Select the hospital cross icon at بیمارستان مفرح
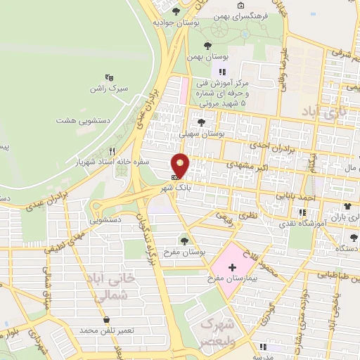[x=233, y=268]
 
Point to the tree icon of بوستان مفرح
[x=184, y=241]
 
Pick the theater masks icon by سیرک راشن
[x=109, y=77]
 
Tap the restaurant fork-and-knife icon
[x=112, y=151]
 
